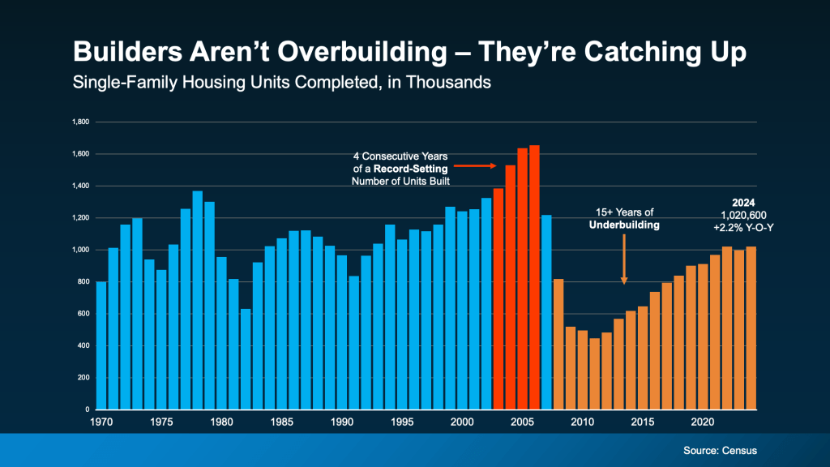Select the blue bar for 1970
coord(101,345)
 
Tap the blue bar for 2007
coord(546,312)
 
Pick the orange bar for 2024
coord(751,328)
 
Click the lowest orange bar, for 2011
coord(594,374)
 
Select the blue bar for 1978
coord(197,300)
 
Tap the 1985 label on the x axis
coord(282,422)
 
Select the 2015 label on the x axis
coord(643,422)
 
